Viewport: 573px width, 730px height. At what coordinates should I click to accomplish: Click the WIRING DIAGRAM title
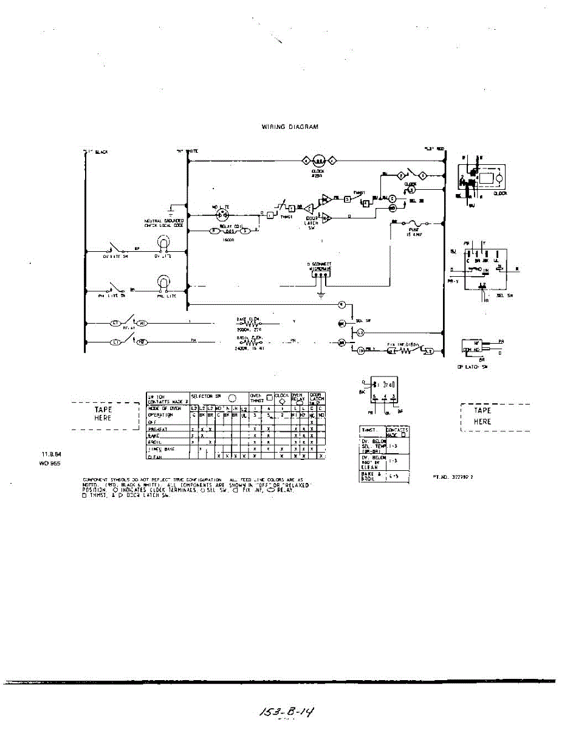click(290, 127)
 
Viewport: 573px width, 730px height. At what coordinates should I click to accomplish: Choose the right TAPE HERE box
click(483, 416)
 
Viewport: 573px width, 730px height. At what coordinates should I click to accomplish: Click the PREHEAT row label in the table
click(159, 429)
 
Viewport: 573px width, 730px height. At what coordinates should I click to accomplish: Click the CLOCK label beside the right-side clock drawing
click(500, 193)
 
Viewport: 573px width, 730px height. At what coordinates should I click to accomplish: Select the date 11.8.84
click(50, 454)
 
